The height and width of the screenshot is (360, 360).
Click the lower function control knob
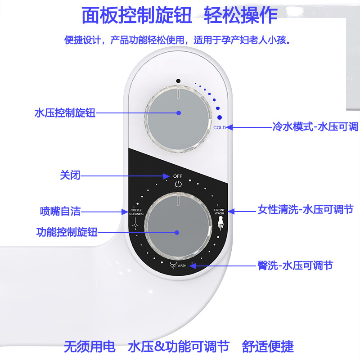click(177, 233)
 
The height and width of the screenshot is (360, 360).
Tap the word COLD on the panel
click(220, 128)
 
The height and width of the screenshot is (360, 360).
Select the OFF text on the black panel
click(178, 176)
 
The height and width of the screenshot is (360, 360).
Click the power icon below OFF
click(178, 184)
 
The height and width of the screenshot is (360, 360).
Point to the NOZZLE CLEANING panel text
click(137, 212)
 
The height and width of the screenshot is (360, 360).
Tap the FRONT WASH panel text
click(219, 211)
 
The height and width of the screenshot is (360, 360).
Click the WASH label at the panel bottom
click(182, 266)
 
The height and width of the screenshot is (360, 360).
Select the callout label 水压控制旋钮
click(65, 113)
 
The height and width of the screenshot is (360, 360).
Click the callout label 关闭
click(70, 175)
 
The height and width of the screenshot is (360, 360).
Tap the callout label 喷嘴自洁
click(60, 211)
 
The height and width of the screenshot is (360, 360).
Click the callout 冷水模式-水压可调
click(315, 127)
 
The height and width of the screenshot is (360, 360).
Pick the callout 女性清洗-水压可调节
click(306, 210)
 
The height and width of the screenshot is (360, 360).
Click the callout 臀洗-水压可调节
click(301, 265)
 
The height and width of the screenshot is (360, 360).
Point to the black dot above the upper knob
click(179, 81)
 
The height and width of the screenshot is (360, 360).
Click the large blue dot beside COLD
click(220, 117)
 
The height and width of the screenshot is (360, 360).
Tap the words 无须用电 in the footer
click(90, 346)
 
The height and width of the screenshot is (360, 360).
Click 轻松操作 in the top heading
click(241, 16)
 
